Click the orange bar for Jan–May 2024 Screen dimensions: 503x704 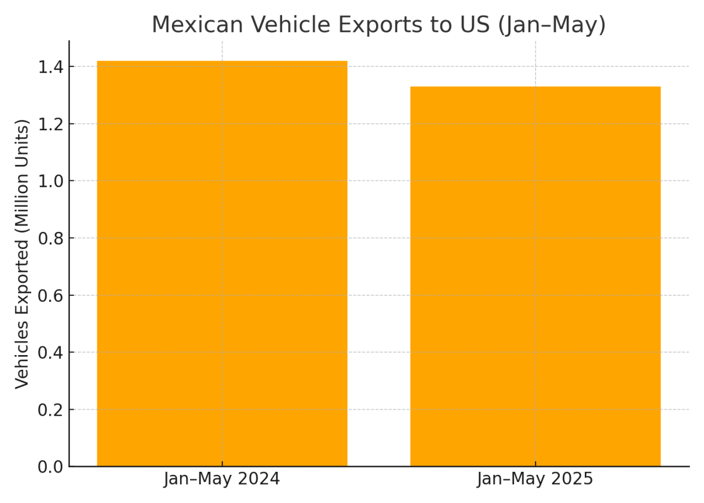(222, 264)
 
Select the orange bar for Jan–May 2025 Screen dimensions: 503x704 (535, 276)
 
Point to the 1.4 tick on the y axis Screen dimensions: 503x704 (51, 67)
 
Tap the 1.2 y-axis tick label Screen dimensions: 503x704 (51, 124)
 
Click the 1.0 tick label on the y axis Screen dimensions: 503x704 (51, 181)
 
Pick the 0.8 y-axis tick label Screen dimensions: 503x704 (51, 238)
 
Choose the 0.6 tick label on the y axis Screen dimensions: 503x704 (51, 295)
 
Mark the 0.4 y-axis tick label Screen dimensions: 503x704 (51, 352)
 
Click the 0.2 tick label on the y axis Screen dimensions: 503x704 (51, 410)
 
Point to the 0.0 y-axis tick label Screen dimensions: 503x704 (51, 467)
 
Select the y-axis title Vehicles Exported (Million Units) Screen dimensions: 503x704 (22, 254)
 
